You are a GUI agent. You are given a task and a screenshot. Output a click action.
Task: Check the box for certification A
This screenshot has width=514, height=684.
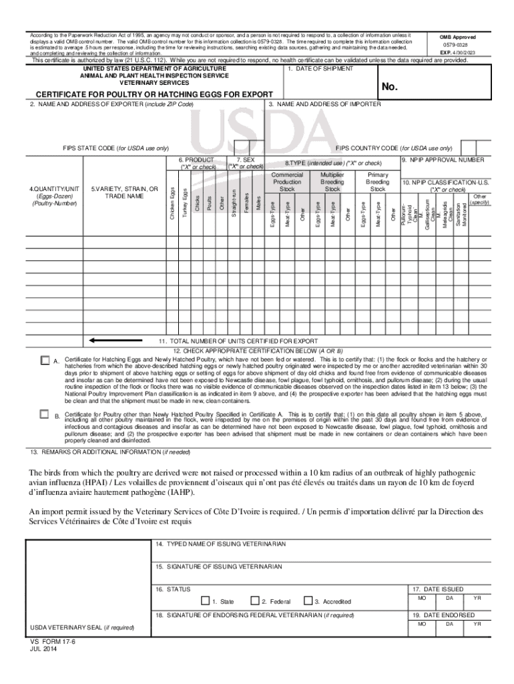coord(45,360)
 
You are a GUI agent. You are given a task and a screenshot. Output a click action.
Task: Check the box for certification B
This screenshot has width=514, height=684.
coord(45,413)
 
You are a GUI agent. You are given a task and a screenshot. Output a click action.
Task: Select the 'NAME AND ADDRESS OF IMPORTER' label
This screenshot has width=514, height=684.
coord(326,104)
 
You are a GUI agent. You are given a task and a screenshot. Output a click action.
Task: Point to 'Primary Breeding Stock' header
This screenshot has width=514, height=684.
coord(378,181)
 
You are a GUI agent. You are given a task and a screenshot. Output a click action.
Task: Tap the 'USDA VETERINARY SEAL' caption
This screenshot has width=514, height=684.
coord(82,628)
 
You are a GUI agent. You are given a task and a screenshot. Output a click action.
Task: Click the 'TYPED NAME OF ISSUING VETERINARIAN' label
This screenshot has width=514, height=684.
coord(220,544)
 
